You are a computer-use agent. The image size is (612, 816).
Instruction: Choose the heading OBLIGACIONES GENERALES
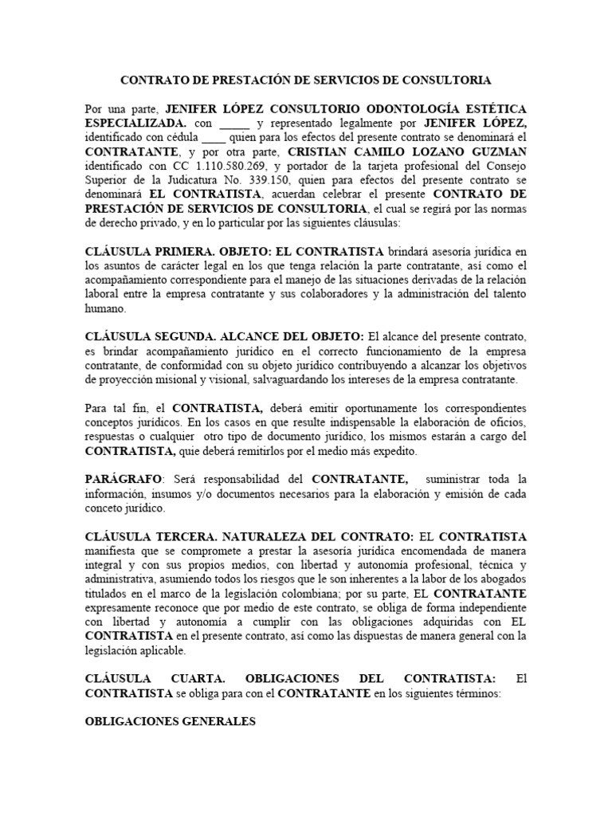pos(170,722)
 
